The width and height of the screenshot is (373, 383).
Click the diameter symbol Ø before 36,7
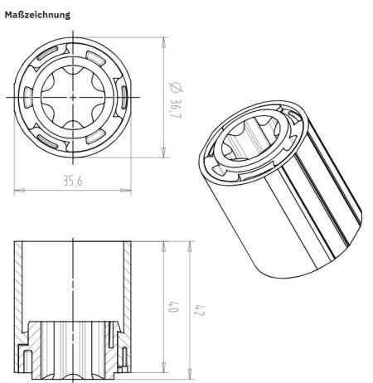click(173, 85)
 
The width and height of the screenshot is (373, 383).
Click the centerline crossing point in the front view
click(74, 97)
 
